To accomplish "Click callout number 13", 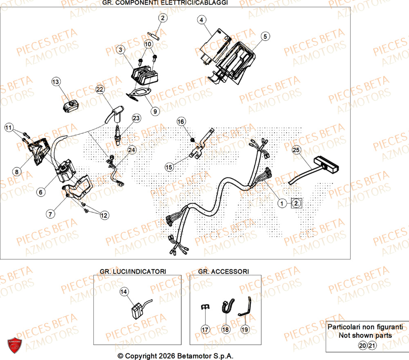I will [56, 82].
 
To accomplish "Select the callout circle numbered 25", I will [297, 151].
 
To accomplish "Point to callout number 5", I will [265, 37].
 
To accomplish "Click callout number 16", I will [181, 122].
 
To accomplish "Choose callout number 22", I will [100, 89].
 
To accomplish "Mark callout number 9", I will [155, 110].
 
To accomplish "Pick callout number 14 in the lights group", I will [124, 291].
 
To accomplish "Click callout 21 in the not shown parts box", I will [371, 346].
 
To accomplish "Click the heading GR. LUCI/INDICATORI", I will [133, 271].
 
